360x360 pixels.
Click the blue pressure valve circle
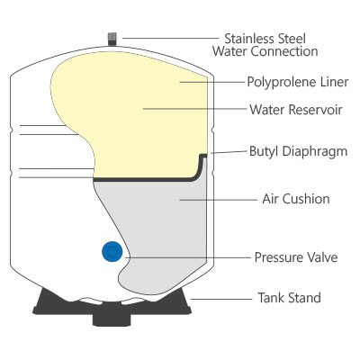pyautogui.click(x=112, y=251)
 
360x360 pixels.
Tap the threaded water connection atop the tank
pyautogui.click(x=112, y=39)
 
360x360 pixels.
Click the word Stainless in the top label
pyautogui.click(x=249, y=39)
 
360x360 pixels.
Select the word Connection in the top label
pyautogui.click(x=284, y=51)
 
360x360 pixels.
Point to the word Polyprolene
pyautogui.click(x=277, y=82)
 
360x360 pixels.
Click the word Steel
pyautogui.click(x=291, y=39)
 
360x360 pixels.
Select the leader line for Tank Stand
pyautogui.click(x=221, y=299)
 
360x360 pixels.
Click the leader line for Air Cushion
pyautogui.click(x=218, y=200)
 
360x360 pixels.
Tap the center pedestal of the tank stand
pyautogui.click(x=112, y=319)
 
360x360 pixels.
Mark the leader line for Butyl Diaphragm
pyautogui.click(x=229, y=152)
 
